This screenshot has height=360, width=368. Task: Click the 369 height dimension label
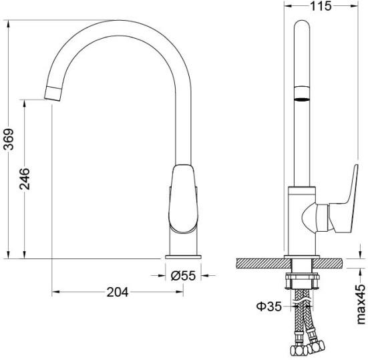click(x=9, y=139)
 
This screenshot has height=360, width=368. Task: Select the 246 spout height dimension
click(x=25, y=179)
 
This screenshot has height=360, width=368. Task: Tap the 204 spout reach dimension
click(x=118, y=292)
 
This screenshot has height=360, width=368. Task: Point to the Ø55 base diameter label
click(x=183, y=276)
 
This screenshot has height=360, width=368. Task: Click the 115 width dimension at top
click(x=321, y=6)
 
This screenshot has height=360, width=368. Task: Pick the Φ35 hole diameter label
click(x=268, y=307)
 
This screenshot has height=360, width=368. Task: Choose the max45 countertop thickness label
click(x=361, y=304)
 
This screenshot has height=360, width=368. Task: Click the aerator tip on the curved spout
click(x=53, y=94)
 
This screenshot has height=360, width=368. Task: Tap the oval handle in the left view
click(x=183, y=199)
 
